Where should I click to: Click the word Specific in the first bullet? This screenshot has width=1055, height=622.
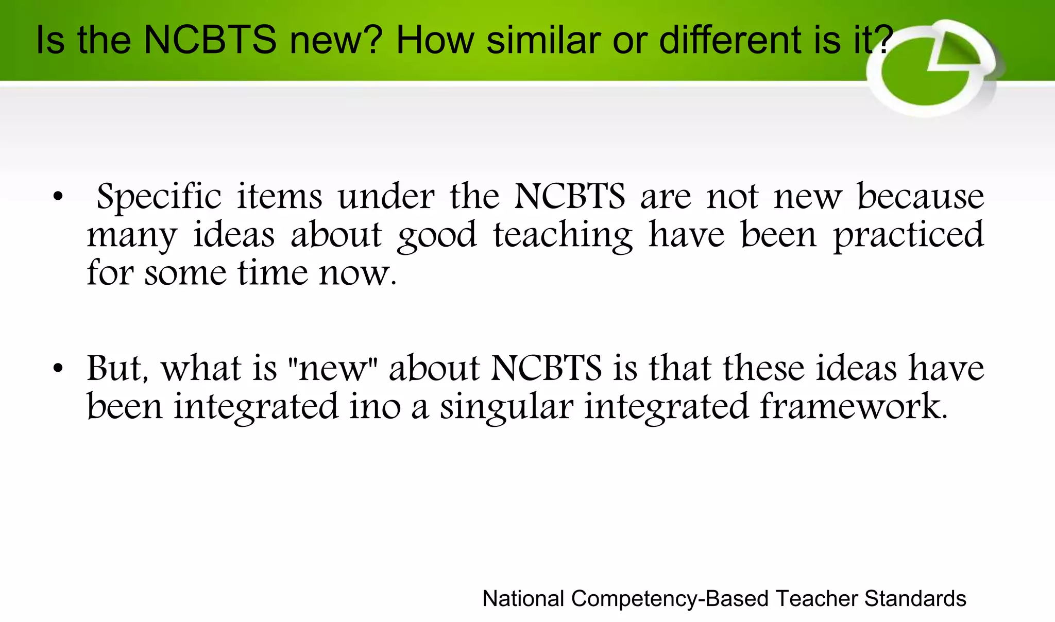pyautogui.click(x=159, y=198)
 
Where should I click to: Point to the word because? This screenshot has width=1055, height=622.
pyautogui.click(x=920, y=197)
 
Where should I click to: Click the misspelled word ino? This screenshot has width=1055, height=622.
pyautogui.click(x=375, y=407)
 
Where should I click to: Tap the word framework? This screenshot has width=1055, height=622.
pyautogui.click(x=853, y=407)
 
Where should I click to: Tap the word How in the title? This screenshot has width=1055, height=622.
pyautogui.click(x=434, y=40)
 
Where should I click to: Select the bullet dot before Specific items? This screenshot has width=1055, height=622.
pyautogui.click(x=58, y=197)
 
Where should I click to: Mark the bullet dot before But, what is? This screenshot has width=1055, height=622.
pyautogui.click(x=58, y=369)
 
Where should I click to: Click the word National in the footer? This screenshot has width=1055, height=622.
pyautogui.click(x=523, y=599)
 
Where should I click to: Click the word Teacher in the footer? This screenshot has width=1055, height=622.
pyautogui.click(x=816, y=599)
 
